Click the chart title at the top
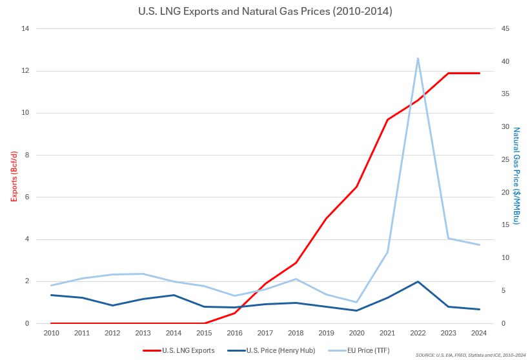click(x=265, y=12)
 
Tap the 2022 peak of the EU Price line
click(x=418, y=58)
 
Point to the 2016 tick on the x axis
click(x=235, y=333)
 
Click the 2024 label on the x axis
click(x=479, y=333)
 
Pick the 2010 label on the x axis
click(x=52, y=333)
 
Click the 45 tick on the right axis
click(x=505, y=29)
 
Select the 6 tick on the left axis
click(x=28, y=197)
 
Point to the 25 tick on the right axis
click(x=505, y=160)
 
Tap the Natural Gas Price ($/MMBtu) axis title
click(x=516, y=175)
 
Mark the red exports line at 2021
click(x=387, y=119)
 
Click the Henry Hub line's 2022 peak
click(x=418, y=281)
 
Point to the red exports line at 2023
click(x=449, y=73)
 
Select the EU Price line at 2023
click(x=449, y=239)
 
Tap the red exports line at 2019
click(x=326, y=218)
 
